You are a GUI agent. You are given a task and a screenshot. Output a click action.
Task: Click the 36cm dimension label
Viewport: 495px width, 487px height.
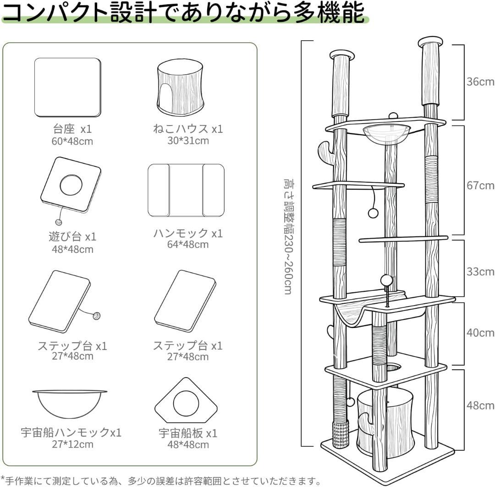(x=480, y=82)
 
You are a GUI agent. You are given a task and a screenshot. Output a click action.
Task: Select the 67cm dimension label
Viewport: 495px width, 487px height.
(x=480, y=186)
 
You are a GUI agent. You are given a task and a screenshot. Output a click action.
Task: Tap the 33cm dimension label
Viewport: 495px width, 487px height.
(x=480, y=272)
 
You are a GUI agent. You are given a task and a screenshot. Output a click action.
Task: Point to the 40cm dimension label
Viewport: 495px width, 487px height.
(x=480, y=333)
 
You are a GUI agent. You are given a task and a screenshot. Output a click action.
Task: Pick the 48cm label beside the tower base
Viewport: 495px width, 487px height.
(x=480, y=405)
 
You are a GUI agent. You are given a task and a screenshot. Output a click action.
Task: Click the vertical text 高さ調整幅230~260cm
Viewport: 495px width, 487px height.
(x=287, y=236)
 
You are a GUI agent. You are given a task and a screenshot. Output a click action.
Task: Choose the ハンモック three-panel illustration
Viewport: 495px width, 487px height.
(x=186, y=190)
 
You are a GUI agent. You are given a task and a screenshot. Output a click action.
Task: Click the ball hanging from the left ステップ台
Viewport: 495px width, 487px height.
(x=97, y=316)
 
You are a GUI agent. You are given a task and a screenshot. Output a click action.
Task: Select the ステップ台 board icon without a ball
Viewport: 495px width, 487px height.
(x=185, y=301)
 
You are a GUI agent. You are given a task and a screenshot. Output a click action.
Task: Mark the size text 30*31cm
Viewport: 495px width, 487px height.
(x=188, y=141)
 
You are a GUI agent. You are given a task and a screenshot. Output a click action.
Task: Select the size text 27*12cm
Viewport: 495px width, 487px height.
(x=72, y=444)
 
